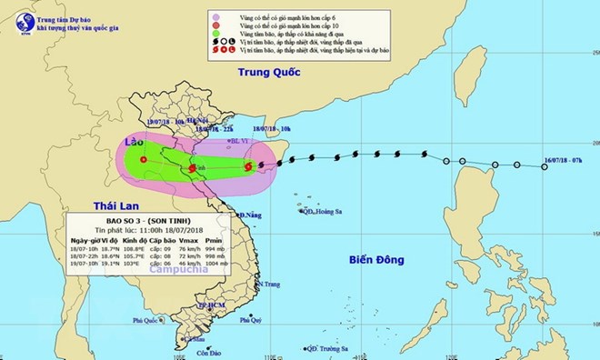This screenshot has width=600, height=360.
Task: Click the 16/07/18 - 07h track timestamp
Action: tap(561, 156)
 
